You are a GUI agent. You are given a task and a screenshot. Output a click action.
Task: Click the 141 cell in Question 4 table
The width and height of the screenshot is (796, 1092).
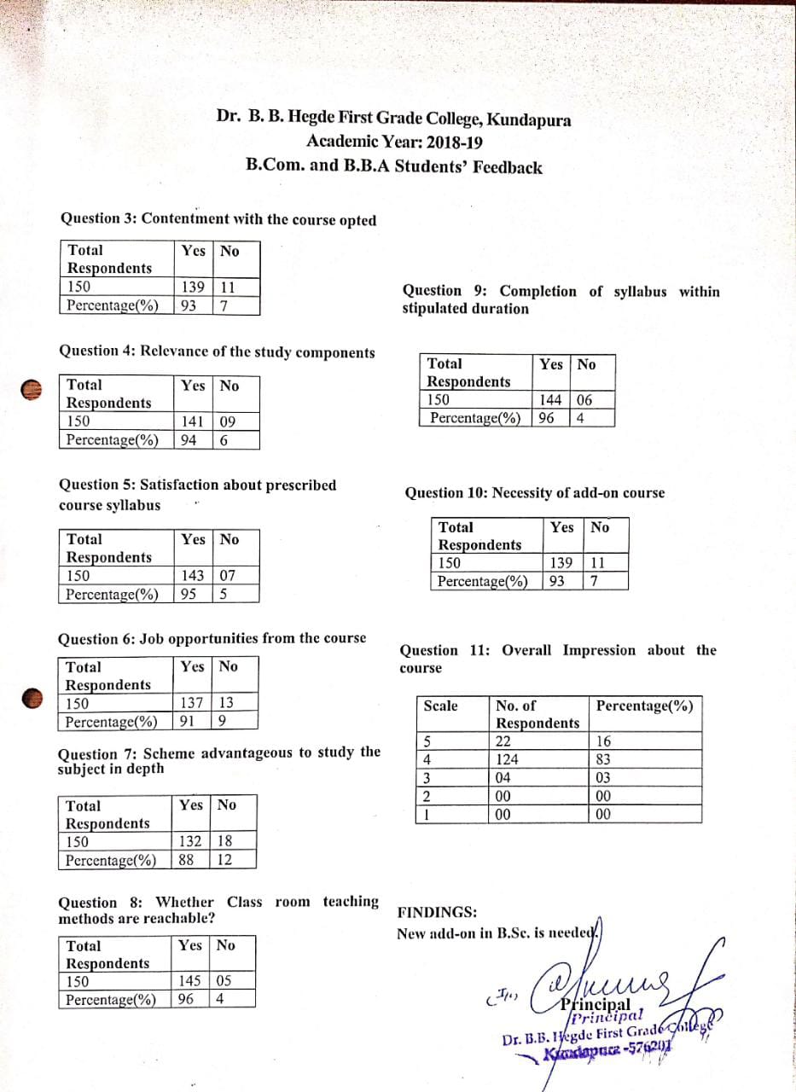pos(192,421)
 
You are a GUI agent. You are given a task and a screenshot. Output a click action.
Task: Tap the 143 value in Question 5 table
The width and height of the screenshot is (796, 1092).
pos(192,575)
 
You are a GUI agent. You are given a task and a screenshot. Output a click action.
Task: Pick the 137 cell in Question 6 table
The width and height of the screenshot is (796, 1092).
pos(192,703)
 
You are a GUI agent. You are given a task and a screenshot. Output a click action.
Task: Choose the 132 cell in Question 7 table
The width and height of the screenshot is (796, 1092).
pos(190,840)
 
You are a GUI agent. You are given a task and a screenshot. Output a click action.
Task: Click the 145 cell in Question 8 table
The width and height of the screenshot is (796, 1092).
pos(191,981)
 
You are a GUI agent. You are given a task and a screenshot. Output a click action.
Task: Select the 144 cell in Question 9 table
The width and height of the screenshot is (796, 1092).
pos(552,399)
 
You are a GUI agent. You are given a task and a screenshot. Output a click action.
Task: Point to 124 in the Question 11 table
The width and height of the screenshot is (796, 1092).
pos(508,759)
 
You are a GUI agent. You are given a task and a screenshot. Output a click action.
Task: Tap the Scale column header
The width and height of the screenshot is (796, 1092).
pos(440,706)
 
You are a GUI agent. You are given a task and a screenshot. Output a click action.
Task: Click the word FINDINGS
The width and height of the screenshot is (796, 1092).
pos(438,912)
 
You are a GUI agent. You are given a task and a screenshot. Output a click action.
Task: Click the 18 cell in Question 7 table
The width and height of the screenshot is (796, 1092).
pos(224,840)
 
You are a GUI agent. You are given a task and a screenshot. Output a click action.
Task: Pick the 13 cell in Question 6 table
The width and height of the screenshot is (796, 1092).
pos(226,703)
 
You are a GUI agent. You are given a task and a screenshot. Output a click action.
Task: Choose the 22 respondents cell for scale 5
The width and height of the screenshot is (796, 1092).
pos(503,741)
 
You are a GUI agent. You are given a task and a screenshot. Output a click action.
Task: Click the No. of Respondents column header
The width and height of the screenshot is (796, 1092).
pos(537,714)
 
